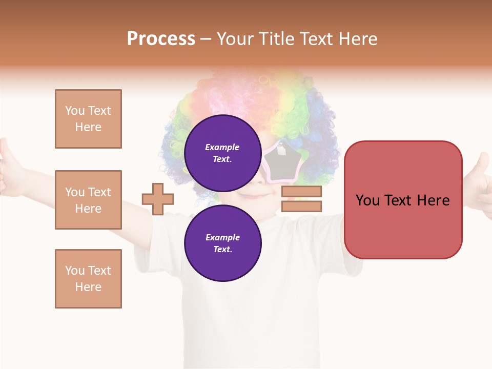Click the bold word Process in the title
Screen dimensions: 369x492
click(x=161, y=39)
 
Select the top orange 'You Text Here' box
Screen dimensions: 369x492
click(x=88, y=119)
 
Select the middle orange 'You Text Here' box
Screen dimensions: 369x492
click(x=88, y=200)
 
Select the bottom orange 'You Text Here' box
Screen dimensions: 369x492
click(x=88, y=279)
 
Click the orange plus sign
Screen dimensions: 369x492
click(x=158, y=199)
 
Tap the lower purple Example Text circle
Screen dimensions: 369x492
click(x=222, y=243)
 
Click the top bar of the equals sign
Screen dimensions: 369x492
click(x=301, y=191)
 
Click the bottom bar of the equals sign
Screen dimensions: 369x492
click(x=301, y=206)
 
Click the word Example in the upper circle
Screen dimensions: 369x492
click(x=222, y=147)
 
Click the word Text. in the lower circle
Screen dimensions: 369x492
click(x=222, y=250)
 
